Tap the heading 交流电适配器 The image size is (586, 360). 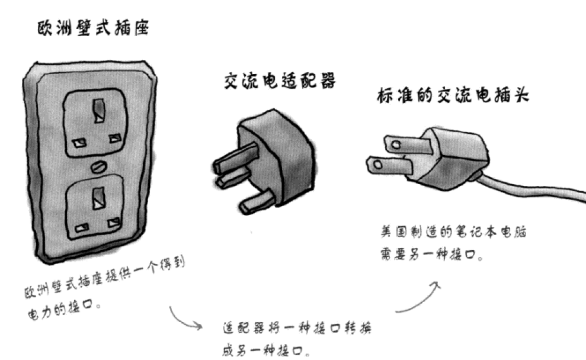[x=280, y=81]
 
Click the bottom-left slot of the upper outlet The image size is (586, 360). [x=78, y=143]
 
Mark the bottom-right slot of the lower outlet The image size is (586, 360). [x=113, y=223]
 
